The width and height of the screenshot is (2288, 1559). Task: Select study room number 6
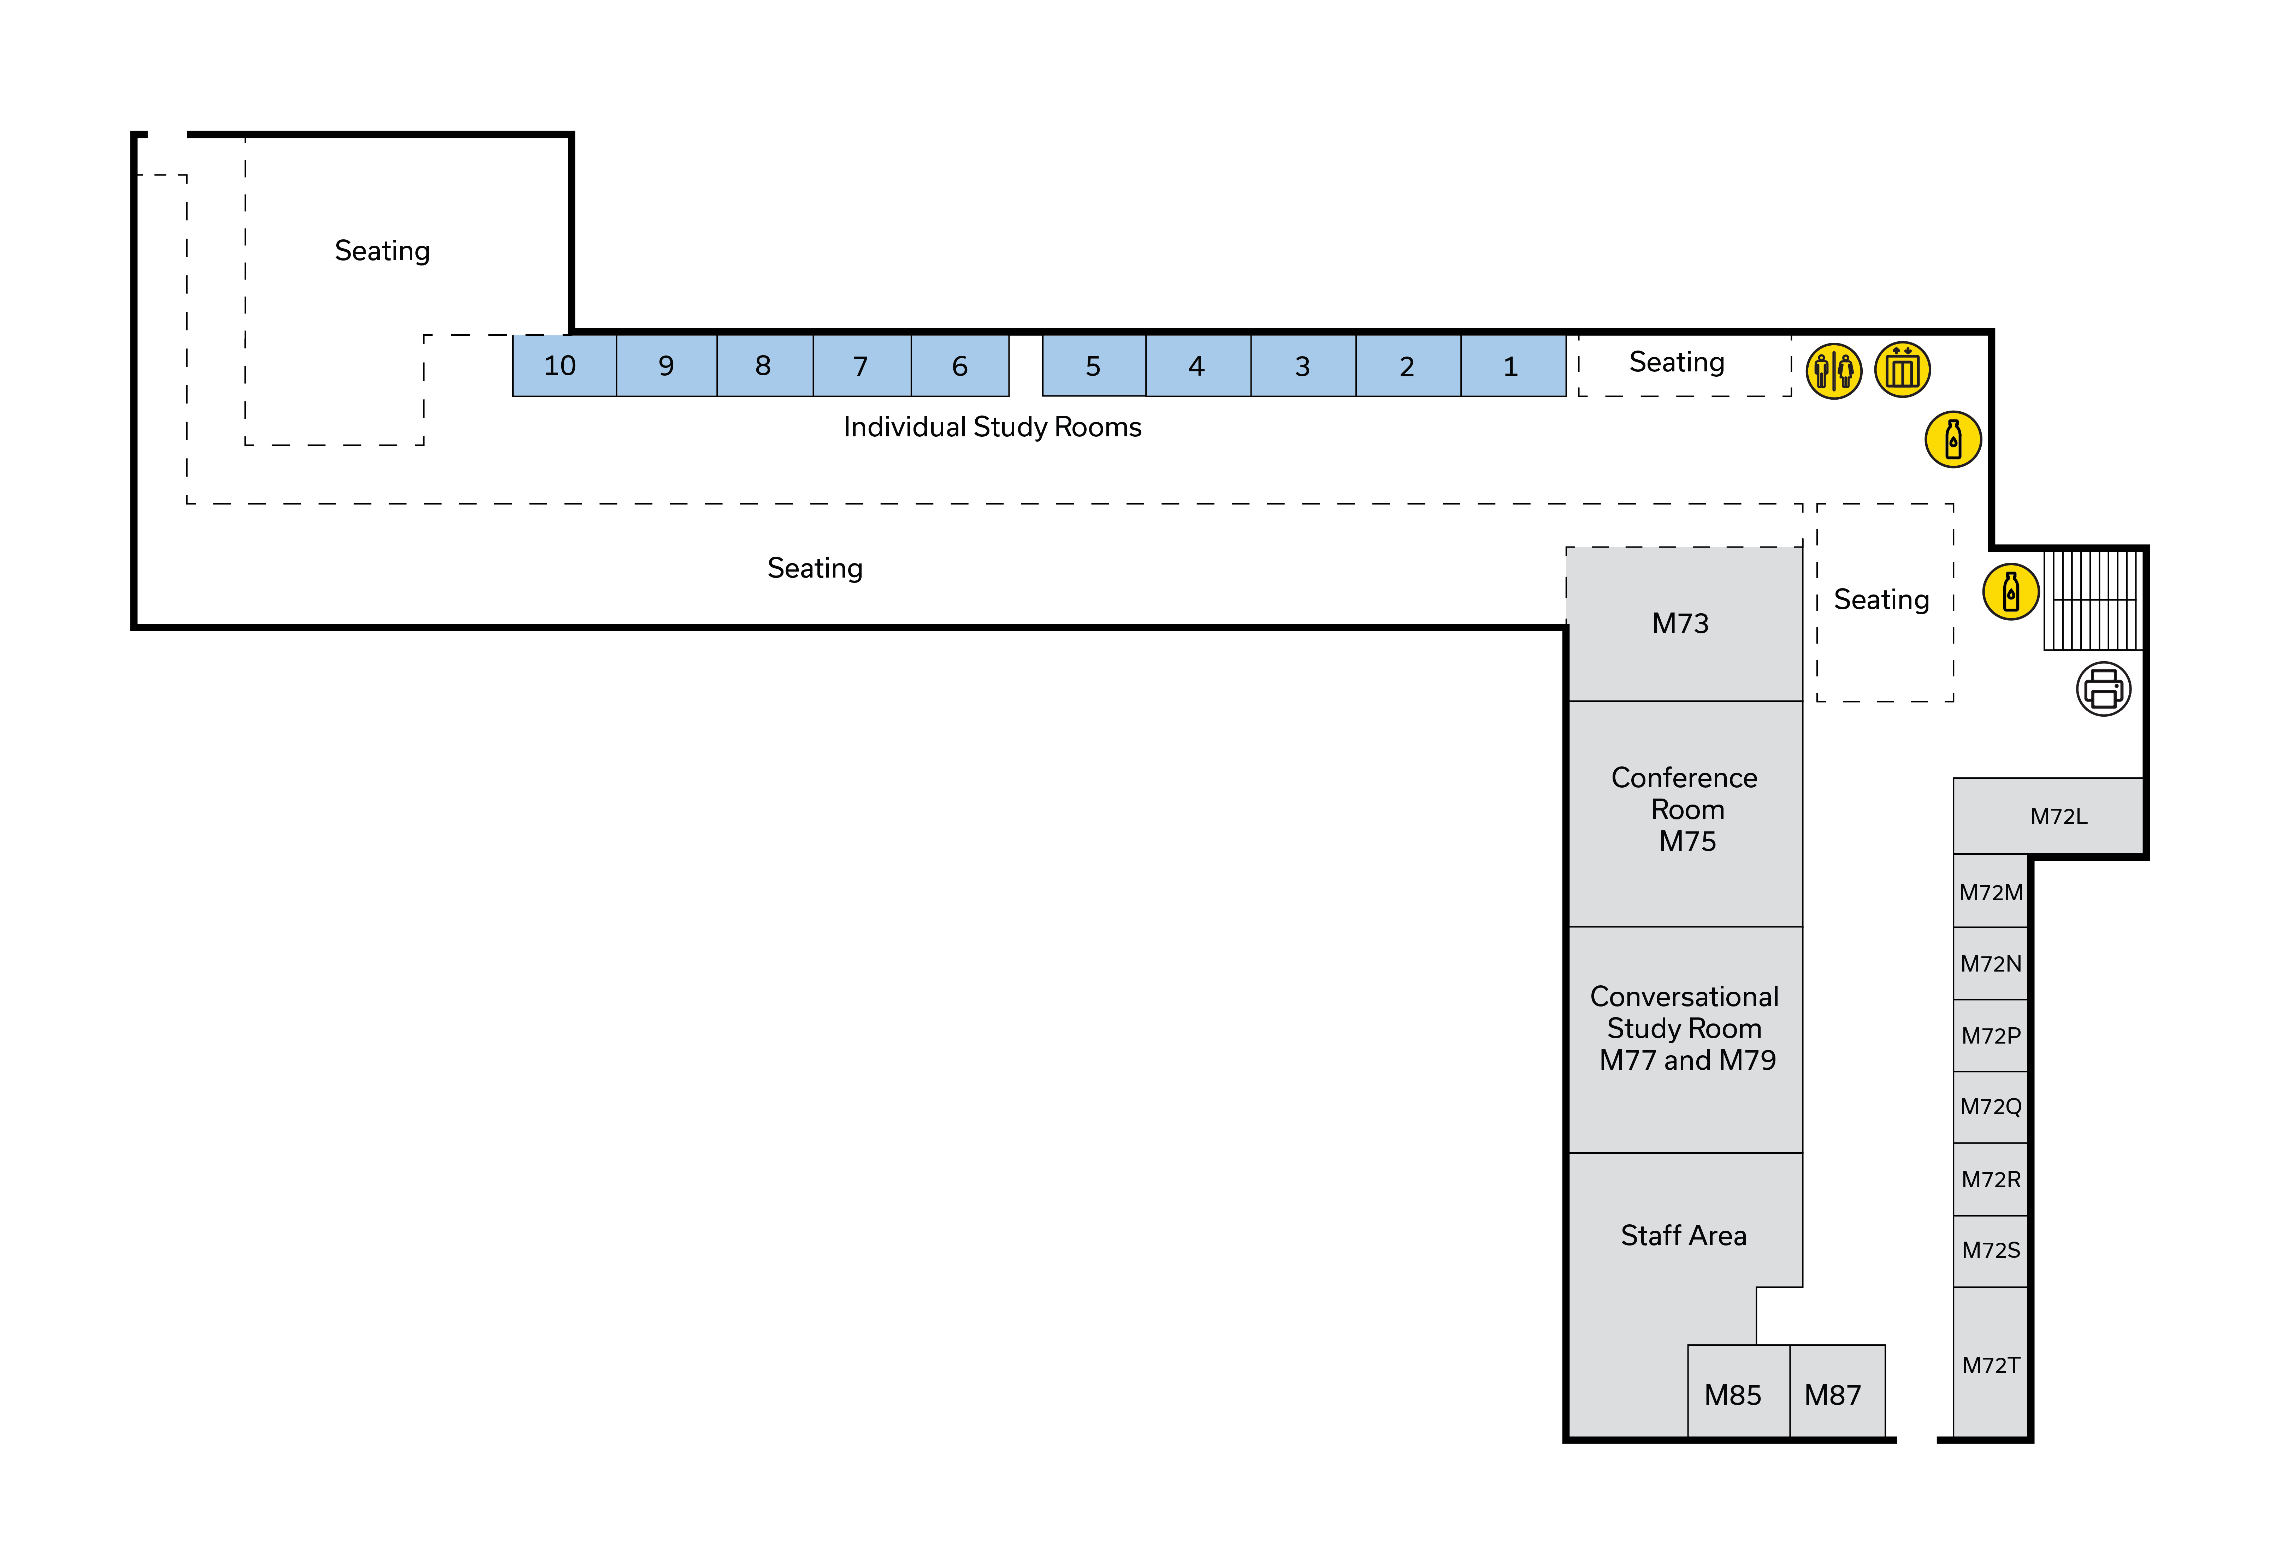960,366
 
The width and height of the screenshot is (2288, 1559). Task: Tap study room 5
1093,366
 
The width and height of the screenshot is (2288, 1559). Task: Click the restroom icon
1833,371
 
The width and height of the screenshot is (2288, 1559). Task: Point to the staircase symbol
2092,601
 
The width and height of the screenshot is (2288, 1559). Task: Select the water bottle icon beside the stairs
2010,592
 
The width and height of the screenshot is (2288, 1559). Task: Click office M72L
2059,816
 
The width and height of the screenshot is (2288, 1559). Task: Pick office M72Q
1991,1106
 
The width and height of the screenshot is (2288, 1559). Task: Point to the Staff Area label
1684,1235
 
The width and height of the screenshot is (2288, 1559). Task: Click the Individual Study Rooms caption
992,427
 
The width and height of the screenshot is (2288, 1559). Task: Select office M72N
1991,963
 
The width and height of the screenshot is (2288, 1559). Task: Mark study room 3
1302,366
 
